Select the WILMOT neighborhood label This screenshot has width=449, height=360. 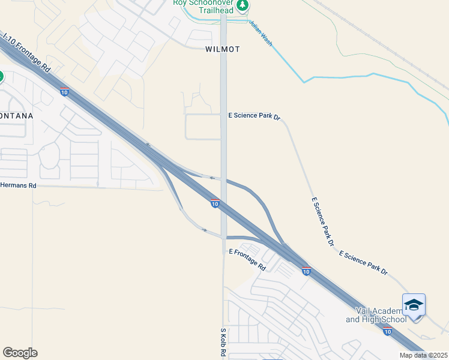pyautogui.click(x=221, y=49)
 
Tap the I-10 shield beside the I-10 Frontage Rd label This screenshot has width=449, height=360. pyautogui.click(x=64, y=92)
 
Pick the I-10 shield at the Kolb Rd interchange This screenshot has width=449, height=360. pyautogui.click(x=214, y=204)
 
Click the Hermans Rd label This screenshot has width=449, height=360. pyautogui.click(x=18, y=186)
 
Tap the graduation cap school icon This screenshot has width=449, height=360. pyautogui.click(x=414, y=305)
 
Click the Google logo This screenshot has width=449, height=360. pyautogui.click(x=20, y=353)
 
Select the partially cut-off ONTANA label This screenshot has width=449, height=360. pyautogui.click(x=16, y=115)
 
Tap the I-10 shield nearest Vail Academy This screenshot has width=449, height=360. pyautogui.click(x=387, y=331)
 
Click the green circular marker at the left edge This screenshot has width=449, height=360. pyautogui.click(x=1, y=77)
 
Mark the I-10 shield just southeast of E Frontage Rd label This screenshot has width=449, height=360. pyautogui.click(x=306, y=272)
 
